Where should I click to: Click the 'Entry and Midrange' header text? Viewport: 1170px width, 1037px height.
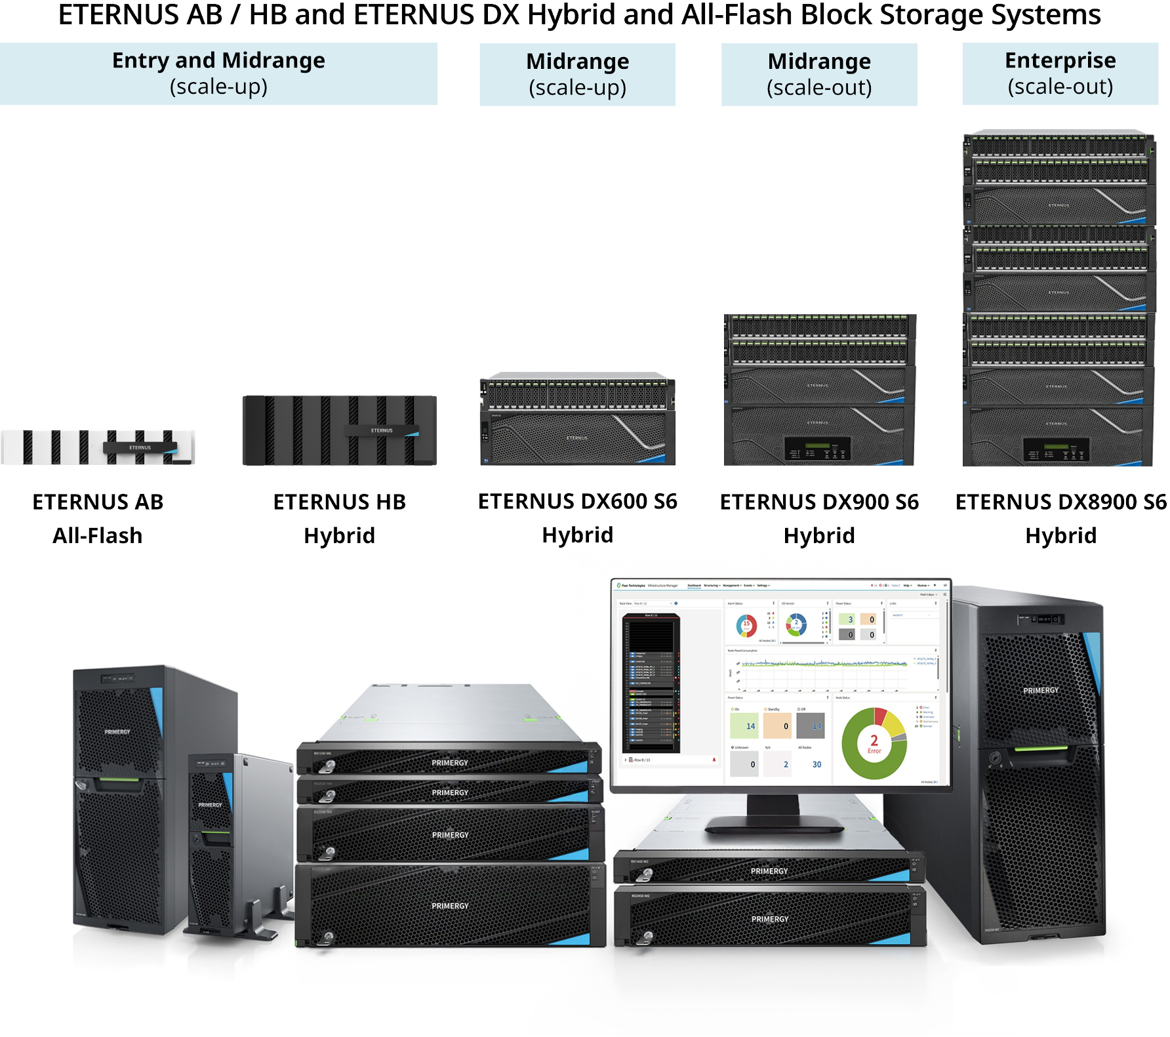click(218, 60)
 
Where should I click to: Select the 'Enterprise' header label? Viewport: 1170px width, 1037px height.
click(1060, 60)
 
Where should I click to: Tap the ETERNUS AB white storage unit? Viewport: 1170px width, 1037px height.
click(98, 447)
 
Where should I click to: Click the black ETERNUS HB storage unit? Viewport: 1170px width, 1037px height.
click(339, 430)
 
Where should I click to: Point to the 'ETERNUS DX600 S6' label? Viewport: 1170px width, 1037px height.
click(577, 502)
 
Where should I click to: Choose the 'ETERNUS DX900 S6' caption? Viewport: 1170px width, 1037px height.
click(819, 502)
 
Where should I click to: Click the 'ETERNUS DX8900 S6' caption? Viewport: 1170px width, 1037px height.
click(1060, 502)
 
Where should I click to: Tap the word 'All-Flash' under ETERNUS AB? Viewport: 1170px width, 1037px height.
click(98, 536)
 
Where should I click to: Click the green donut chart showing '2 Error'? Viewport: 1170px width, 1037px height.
click(874, 743)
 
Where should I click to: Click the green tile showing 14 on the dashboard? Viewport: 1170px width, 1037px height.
click(744, 726)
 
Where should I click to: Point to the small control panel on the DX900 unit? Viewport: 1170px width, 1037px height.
click(818, 450)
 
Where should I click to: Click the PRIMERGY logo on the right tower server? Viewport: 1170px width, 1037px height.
click(1041, 690)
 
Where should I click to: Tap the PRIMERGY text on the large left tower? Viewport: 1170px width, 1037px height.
click(117, 731)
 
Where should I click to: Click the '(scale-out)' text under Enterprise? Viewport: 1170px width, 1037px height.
click(1060, 87)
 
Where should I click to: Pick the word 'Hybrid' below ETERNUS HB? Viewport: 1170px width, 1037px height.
click(339, 536)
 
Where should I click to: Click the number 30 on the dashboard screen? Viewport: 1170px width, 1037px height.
click(817, 764)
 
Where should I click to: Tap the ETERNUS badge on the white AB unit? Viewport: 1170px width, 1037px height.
click(140, 447)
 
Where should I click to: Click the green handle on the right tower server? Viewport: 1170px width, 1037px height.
click(1041, 748)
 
